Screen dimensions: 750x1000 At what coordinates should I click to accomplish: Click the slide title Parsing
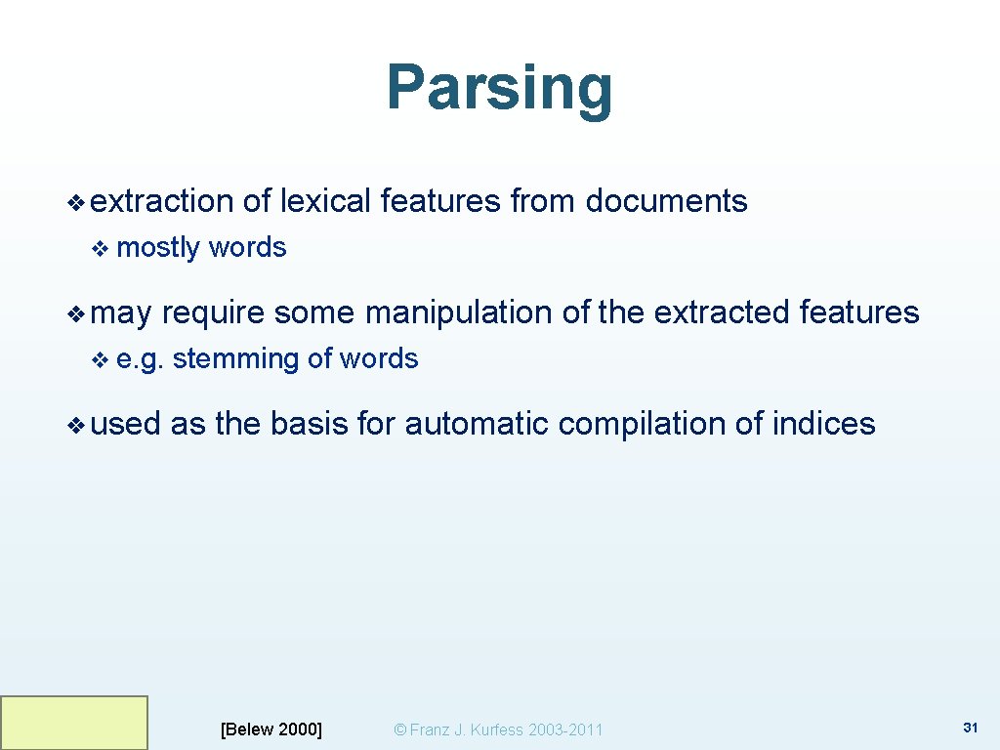tap(499, 88)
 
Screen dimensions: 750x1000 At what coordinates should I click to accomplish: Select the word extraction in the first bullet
tap(161, 201)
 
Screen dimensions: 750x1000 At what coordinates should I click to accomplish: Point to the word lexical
tap(325, 201)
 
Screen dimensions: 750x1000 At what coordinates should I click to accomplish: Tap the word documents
tap(666, 201)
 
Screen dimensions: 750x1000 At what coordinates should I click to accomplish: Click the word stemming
tap(235, 359)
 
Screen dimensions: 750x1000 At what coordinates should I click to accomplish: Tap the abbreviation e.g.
tap(140, 359)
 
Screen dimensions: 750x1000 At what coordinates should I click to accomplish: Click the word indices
tap(823, 424)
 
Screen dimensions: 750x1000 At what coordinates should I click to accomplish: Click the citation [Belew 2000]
tap(271, 729)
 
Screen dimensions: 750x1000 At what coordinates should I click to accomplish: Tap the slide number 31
tap(970, 728)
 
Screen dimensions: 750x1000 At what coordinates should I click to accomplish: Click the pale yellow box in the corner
tap(74, 723)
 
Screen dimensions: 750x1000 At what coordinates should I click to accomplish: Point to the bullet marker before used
tap(76, 425)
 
